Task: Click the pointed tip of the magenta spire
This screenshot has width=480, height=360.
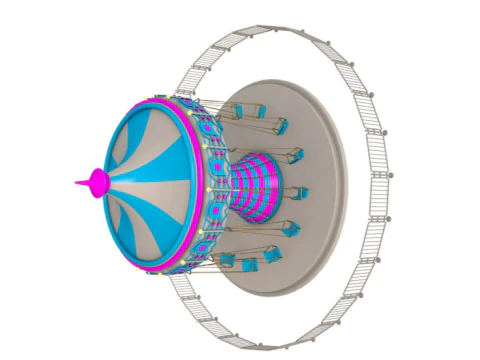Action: tap(76, 183)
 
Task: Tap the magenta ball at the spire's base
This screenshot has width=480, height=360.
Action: tap(97, 182)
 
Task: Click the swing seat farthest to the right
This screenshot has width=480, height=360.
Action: tap(300, 192)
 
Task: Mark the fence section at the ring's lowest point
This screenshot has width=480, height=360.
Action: tap(270, 335)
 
